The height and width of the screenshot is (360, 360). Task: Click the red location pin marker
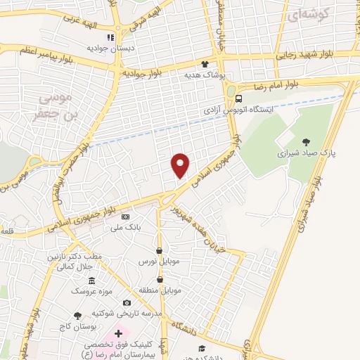tap(181, 165)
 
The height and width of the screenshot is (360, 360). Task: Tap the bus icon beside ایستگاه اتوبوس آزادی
tap(240, 99)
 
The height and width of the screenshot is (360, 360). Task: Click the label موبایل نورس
tap(158, 261)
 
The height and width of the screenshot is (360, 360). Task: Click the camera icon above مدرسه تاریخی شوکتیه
tap(127, 302)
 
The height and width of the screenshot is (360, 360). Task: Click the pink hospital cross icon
tap(118, 333)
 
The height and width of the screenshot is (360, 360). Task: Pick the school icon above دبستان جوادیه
tap(110, 37)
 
